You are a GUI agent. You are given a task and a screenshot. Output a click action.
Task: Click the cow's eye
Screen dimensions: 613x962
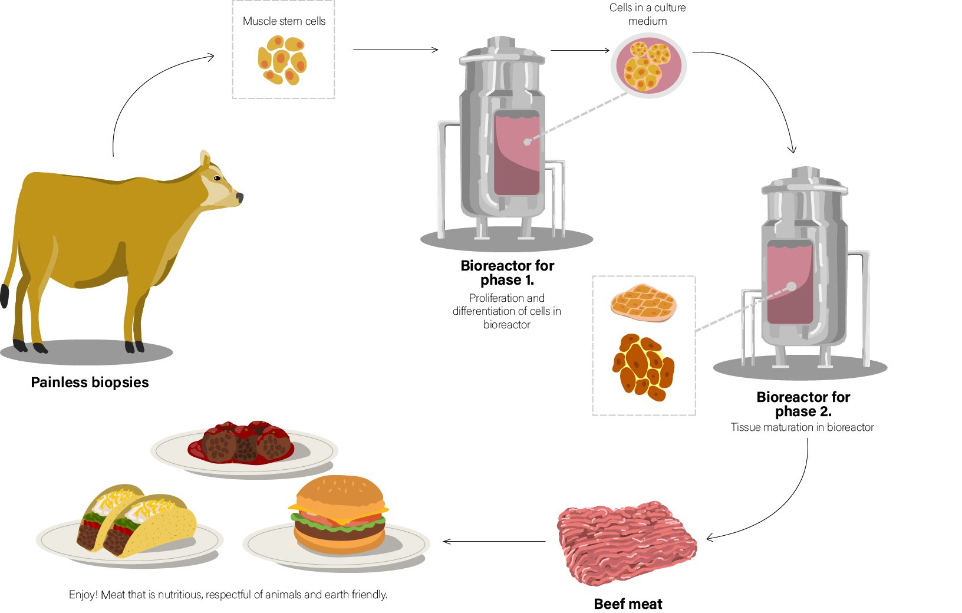(217, 178)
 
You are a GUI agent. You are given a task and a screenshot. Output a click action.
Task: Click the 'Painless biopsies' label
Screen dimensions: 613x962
(90, 383)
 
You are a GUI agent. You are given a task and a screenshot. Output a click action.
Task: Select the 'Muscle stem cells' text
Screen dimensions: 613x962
(284, 21)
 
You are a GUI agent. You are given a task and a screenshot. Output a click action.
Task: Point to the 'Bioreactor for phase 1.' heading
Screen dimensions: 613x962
(507, 272)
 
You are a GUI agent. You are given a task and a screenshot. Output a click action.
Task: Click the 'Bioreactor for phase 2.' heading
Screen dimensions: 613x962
(803, 404)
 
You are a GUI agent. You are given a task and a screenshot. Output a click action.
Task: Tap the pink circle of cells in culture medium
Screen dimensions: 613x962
(648, 65)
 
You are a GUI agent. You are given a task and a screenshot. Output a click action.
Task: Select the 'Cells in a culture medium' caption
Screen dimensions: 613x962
(647, 14)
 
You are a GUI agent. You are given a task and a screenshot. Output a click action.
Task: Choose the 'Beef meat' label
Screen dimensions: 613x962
(628, 604)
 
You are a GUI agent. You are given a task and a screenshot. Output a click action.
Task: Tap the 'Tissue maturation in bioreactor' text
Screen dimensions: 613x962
(802, 427)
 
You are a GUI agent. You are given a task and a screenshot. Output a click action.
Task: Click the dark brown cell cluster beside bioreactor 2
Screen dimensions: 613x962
(643, 367)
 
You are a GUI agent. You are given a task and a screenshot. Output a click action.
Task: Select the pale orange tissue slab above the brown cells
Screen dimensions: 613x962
(643, 303)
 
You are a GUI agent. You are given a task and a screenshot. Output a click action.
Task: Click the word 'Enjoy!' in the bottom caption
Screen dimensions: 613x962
(83, 595)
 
